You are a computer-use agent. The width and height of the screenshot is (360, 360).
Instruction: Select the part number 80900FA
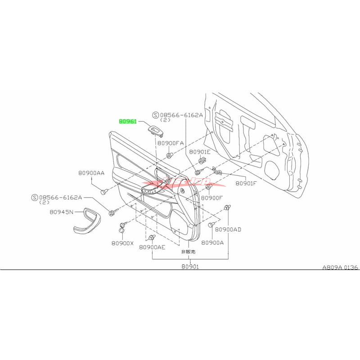pos(171,143)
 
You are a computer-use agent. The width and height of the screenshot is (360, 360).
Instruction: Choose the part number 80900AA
pos(91,172)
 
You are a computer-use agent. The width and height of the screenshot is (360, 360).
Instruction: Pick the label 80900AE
pos(152,247)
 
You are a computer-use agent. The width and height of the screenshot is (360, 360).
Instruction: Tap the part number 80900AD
pos(228,229)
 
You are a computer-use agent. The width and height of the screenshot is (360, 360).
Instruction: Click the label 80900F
pos(212,198)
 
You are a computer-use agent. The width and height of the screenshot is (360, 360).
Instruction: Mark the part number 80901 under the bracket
pos(190,266)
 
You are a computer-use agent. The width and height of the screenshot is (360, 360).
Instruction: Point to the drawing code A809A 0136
pos(340,267)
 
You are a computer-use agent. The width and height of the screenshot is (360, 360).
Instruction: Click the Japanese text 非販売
pos(188,252)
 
